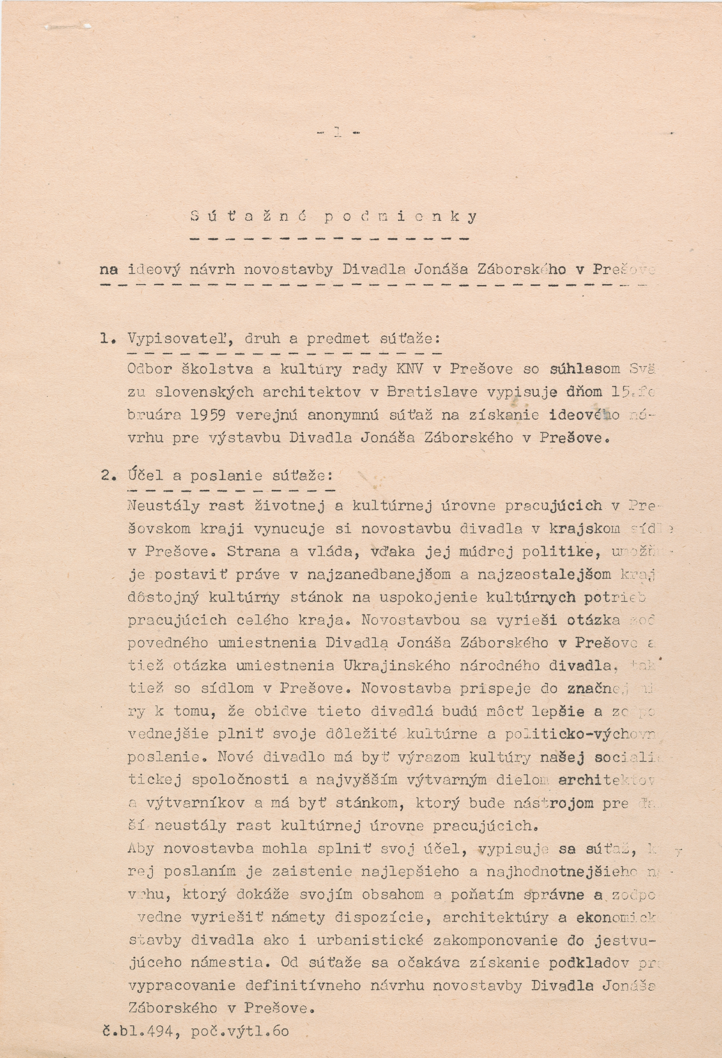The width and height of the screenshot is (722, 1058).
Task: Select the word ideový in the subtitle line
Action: click(154, 270)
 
